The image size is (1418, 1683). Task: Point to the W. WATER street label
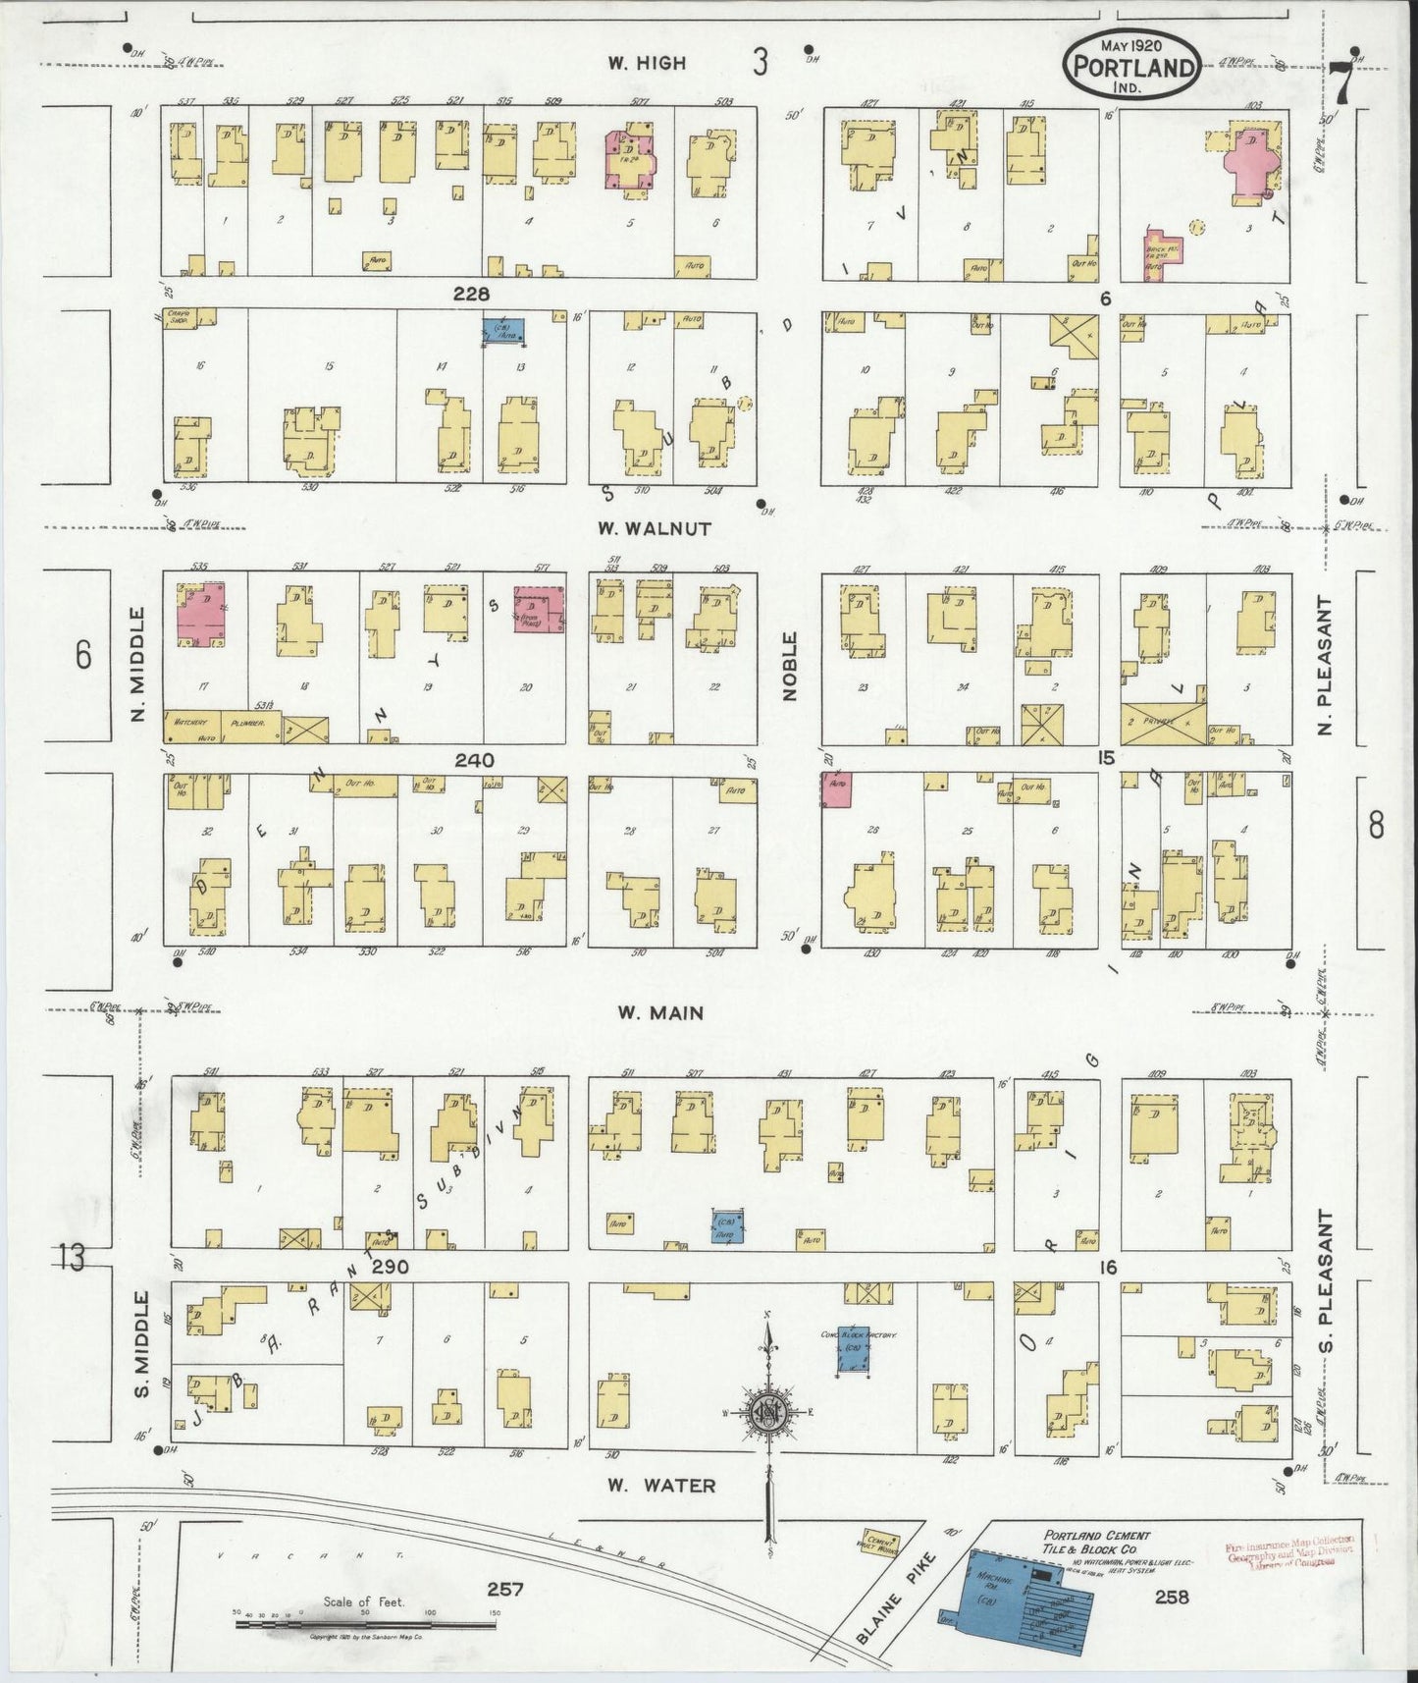(659, 1486)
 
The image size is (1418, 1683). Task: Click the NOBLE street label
(790, 666)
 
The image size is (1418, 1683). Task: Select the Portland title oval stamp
(1133, 64)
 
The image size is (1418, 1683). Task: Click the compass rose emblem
(767, 1413)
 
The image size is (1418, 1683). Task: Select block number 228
(472, 294)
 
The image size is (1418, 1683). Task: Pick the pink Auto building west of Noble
(836, 789)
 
